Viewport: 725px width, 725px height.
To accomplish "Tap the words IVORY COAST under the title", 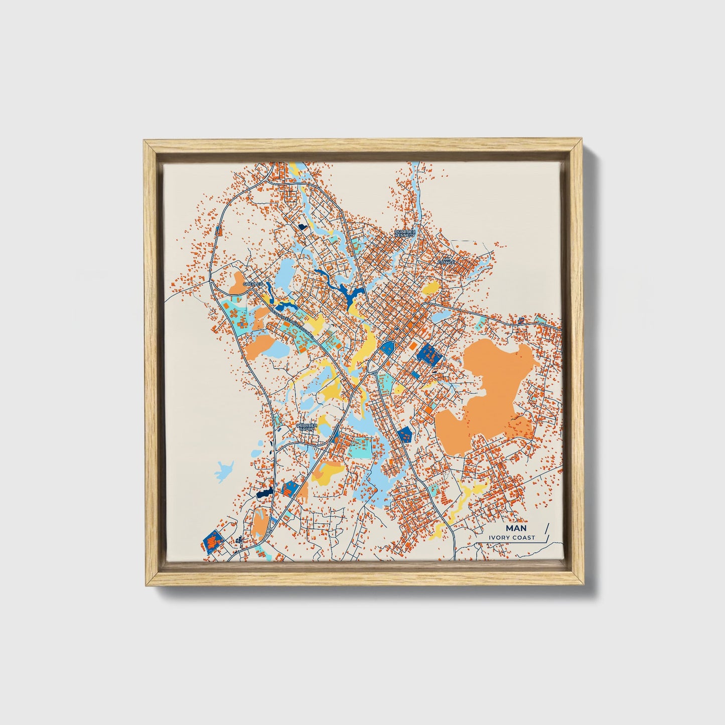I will click(513, 537).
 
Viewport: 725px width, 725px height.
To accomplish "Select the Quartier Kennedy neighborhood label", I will click(405, 234).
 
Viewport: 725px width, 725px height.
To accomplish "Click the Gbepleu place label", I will click(252, 284).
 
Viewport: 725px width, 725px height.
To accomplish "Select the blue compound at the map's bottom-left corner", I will click(213, 541).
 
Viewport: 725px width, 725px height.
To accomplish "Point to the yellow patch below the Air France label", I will click(430, 288).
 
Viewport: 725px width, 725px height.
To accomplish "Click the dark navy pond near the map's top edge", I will click(302, 227).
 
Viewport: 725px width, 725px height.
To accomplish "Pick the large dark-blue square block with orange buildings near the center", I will click(429, 354).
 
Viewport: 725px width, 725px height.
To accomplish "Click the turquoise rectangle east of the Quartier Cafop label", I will click(361, 447).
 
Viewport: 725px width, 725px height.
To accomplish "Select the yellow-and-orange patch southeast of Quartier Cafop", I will click(329, 472).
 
